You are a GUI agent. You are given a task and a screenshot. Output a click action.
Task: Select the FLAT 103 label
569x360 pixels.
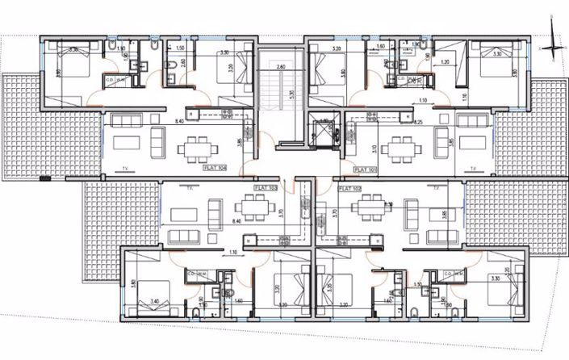pos(266,187)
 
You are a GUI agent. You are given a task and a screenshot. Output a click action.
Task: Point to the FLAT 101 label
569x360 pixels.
pos(367,170)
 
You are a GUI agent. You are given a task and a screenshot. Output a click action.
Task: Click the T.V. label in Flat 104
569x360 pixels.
pos(127,170)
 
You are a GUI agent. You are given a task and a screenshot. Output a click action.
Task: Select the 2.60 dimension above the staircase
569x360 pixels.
pos(281,66)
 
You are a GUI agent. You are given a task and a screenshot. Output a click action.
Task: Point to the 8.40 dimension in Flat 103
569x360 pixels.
pos(236,220)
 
